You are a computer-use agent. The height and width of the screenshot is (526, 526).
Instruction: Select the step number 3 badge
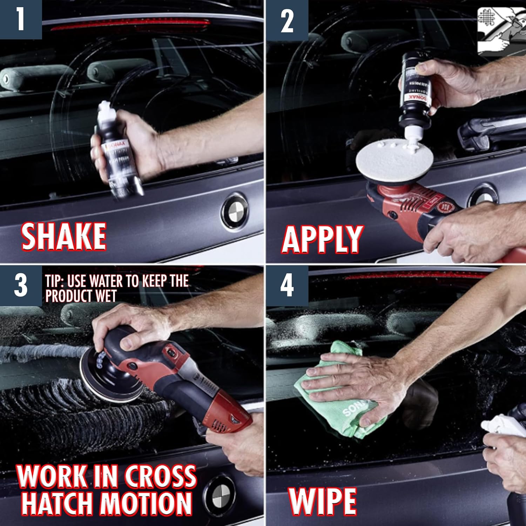pos(20,285)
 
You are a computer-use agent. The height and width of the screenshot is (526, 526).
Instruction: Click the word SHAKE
pos(64,237)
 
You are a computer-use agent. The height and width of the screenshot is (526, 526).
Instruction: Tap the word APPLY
pos(322,239)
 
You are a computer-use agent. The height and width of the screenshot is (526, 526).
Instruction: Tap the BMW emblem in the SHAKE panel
pos(234,211)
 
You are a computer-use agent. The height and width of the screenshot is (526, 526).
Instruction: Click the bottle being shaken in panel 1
pos(117,151)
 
